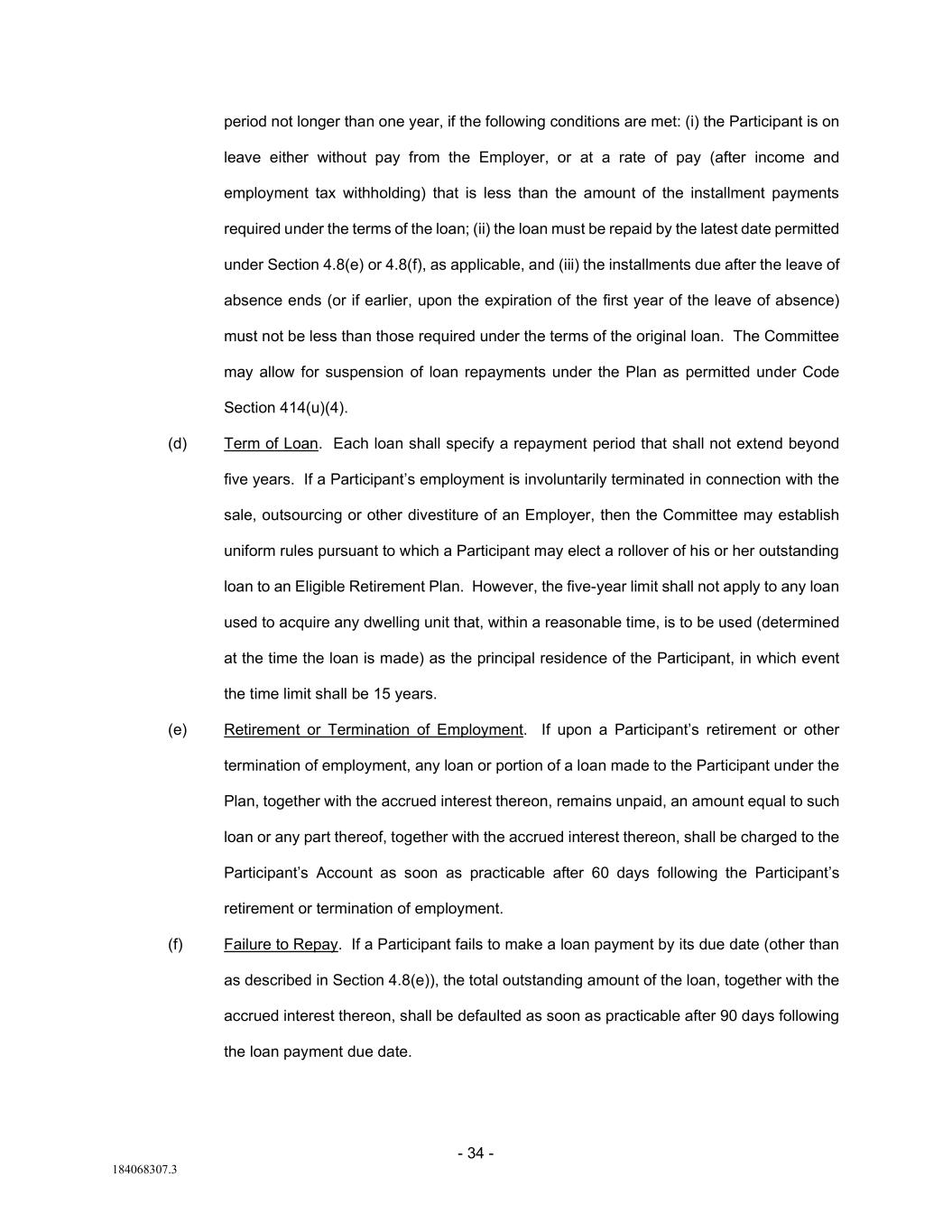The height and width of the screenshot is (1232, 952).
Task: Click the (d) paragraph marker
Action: tap(177, 443)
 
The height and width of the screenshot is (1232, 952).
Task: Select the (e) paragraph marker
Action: tap(177, 729)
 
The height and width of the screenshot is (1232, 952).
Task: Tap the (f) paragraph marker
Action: tap(175, 944)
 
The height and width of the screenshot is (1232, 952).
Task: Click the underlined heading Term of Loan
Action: tap(271, 443)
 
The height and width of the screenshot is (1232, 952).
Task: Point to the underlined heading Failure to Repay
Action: tap(281, 944)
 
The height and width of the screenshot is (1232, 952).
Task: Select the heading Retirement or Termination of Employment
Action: tap(374, 729)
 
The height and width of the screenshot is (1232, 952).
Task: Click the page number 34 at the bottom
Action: tap(476, 1153)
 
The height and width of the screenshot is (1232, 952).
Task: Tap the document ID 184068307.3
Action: tap(144, 1170)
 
